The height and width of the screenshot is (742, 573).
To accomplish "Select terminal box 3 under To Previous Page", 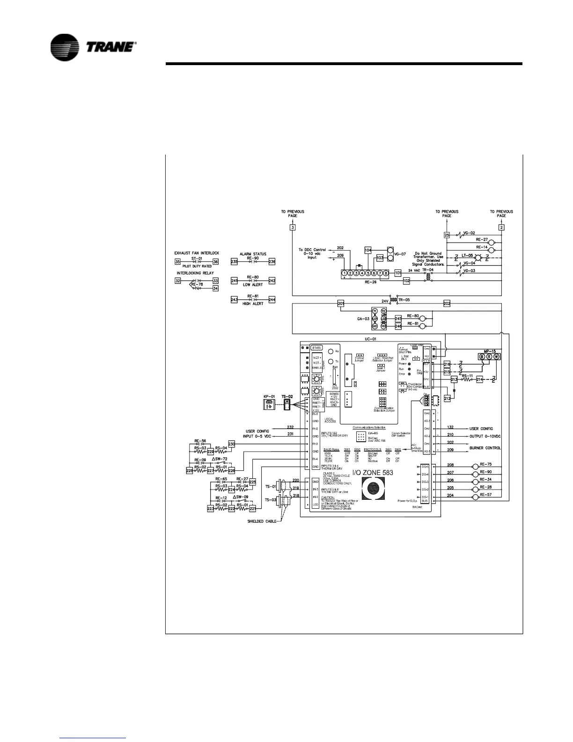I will pyautogui.click(x=293, y=228).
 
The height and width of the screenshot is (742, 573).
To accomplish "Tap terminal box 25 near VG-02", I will pyautogui.click(x=447, y=235).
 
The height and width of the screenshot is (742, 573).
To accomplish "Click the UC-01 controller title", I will pyautogui.click(x=370, y=339).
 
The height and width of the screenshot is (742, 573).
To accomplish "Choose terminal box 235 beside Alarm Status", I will pyautogui.click(x=235, y=262).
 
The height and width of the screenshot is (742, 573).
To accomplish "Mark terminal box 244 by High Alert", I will pyautogui.click(x=272, y=300).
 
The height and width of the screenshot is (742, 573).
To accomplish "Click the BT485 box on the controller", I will pyautogui.click(x=316, y=348).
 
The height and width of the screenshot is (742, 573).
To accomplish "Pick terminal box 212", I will pyautogui.click(x=447, y=398).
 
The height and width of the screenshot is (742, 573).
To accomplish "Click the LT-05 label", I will pyautogui.click(x=467, y=256).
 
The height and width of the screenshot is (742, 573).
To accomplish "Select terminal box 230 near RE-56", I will pyautogui.click(x=231, y=444).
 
